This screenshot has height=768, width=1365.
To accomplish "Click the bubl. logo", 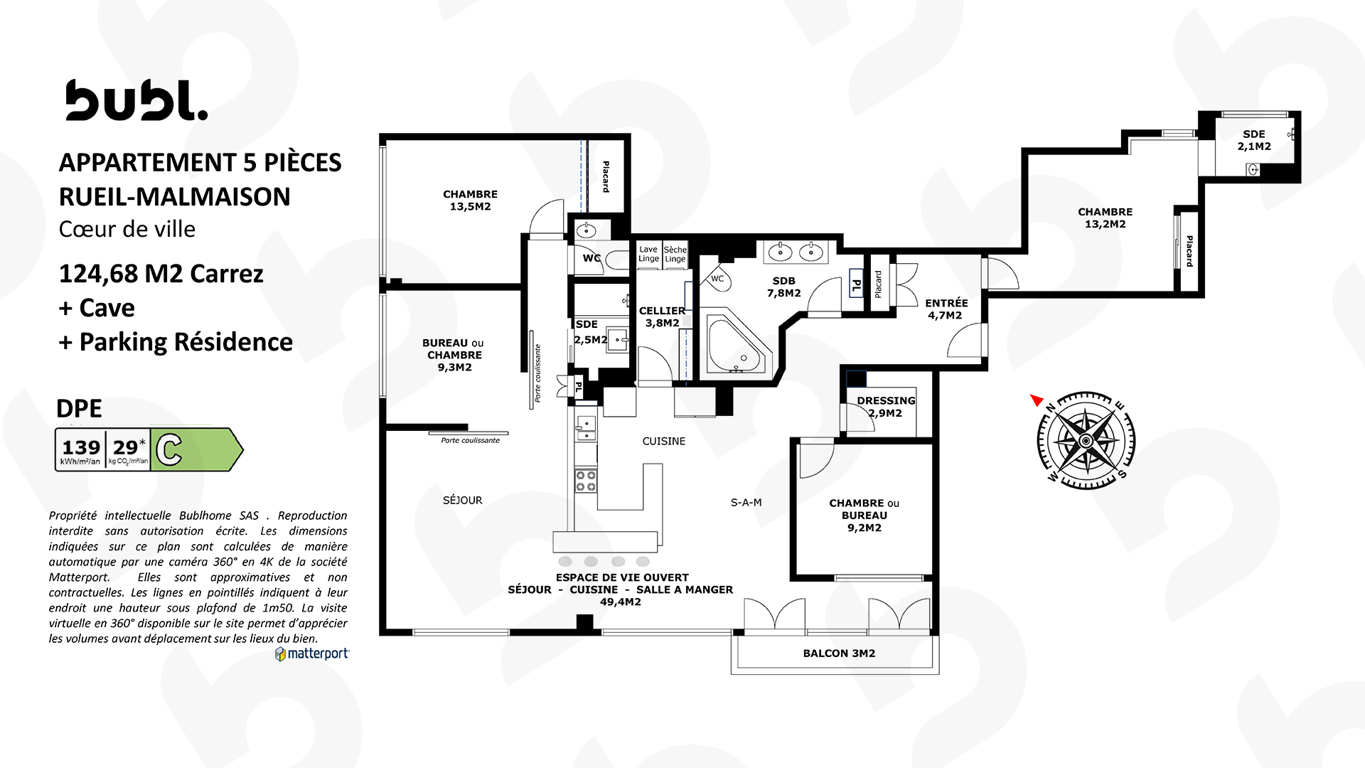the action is (x=136, y=100).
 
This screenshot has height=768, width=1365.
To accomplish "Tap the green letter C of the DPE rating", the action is (x=169, y=450).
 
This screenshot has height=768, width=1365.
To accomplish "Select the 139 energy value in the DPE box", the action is (x=81, y=447).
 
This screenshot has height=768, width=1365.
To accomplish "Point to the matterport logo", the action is (x=312, y=654).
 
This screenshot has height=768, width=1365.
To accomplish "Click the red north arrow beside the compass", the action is (x=1037, y=400).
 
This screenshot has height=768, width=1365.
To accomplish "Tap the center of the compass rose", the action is (x=1086, y=441).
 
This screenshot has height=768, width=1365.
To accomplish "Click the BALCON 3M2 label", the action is (x=839, y=653).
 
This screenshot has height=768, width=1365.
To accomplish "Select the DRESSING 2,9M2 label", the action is (x=886, y=407).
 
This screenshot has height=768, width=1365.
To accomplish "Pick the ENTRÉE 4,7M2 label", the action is (x=946, y=309).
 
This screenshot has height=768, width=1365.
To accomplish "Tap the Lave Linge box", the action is (x=648, y=254).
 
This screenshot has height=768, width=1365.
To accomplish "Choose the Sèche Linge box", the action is (x=675, y=254).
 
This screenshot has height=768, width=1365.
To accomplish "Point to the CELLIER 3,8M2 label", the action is (x=663, y=316).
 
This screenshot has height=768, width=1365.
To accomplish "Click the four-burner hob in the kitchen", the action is (x=586, y=481).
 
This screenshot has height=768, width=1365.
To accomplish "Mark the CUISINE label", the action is (x=664, y=441).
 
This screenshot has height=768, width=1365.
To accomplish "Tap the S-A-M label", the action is (x=746, y=502).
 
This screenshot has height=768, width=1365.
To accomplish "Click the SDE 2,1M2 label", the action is (x=1254, y=140).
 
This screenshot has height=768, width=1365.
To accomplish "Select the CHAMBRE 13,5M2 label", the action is (x=470, y=200).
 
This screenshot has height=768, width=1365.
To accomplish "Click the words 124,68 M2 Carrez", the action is (x=161, y=274).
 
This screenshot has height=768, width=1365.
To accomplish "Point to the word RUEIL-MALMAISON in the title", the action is (x=175, y=197).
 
